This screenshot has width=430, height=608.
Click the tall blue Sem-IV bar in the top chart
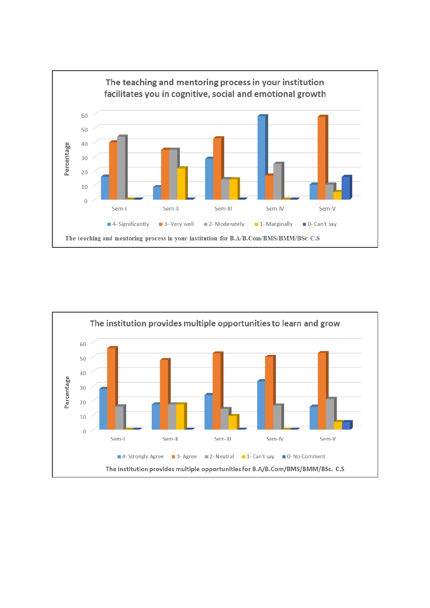[x=261, y=158]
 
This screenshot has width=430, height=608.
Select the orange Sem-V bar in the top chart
[x=322, y=158]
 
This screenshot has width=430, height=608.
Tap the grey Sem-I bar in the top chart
[x=121, y=168]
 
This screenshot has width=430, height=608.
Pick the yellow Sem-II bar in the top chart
[x=181, y=184]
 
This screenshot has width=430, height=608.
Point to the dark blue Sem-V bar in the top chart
[x=346, y=188]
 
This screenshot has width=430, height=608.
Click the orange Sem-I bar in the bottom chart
[x=111, y=389]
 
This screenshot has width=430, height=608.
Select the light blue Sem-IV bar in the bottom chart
[x=261, y=405]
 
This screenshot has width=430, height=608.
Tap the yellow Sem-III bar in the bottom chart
[x=232, y=423]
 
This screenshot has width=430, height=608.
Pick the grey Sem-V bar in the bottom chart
[x=330, y=414]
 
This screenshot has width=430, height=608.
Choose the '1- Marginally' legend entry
[x=276, y=224]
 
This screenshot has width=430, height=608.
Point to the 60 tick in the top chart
[x=84, y=116]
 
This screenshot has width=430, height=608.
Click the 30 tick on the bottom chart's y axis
[x=83, y=388]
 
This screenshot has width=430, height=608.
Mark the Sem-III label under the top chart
[x=223, y=209]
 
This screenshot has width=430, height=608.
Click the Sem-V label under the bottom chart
[x=327, y=439]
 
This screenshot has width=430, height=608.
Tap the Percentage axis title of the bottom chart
[x=67, y=392]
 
